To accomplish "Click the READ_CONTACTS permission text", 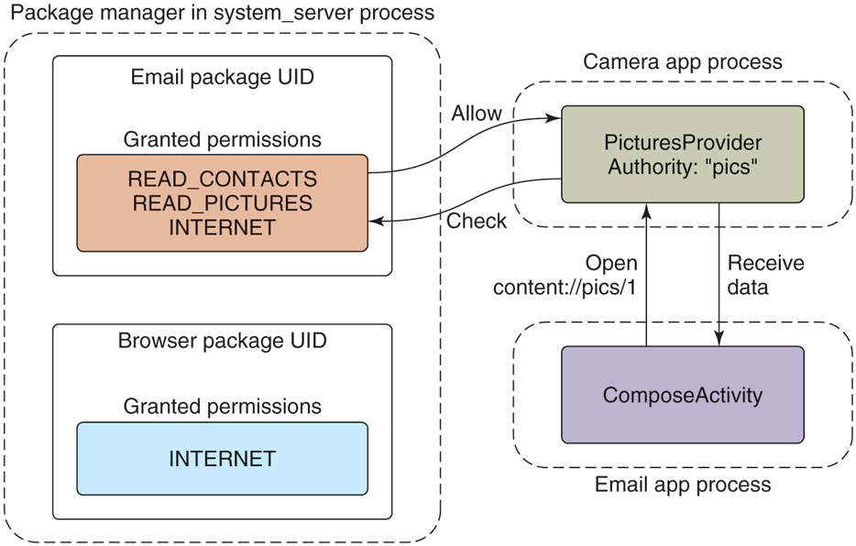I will point(223,179).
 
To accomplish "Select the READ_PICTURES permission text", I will point(223,202).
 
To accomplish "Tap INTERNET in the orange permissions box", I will point(223,227).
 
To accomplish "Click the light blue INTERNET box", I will point(223,458).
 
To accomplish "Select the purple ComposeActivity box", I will point(683,395).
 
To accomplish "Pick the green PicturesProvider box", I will point(683,154).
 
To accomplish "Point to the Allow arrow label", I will point(477,114).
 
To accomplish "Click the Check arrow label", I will point(477,221).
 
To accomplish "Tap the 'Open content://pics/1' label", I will point(565,275).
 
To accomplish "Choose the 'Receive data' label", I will point(765,275).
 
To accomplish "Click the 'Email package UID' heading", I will point(223,77).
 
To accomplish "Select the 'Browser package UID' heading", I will point(223,341).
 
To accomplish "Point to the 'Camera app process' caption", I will point(683,62).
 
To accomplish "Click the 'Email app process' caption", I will point(683,484).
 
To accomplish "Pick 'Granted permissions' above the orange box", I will point(223,139).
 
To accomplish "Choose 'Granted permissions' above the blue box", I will point(223,406).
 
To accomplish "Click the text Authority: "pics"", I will point(683,167).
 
